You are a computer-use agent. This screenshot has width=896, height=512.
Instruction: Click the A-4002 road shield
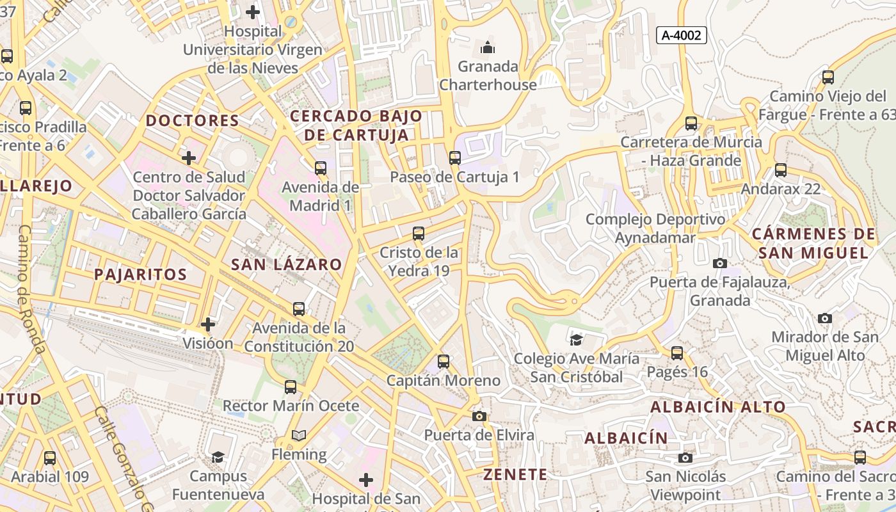681,35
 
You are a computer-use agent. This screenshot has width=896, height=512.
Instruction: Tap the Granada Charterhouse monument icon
488,47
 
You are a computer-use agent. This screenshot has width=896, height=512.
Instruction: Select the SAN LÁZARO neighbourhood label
286,264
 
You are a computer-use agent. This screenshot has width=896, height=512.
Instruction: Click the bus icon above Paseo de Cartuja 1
455,157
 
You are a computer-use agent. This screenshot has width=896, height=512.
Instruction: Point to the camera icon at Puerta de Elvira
479,417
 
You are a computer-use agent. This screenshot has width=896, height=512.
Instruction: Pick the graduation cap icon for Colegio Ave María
576,339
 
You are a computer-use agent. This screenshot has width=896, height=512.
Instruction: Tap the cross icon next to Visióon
208,324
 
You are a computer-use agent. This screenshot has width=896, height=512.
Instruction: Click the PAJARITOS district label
140,275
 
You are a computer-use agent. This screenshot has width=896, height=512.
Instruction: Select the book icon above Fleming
298,436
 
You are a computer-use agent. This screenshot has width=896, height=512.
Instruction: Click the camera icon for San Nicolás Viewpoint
685,458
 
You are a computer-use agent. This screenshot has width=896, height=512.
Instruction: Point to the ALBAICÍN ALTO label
717,407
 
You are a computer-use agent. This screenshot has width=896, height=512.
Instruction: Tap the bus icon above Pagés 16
677,353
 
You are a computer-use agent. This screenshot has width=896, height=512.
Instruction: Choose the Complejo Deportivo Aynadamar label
655,228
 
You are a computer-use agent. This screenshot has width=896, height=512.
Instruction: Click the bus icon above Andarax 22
780,170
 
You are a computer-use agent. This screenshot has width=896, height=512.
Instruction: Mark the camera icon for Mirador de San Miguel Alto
825,318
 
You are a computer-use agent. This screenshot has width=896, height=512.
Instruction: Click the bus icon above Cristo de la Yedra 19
419,234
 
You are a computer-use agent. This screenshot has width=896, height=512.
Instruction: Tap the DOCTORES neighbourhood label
192,120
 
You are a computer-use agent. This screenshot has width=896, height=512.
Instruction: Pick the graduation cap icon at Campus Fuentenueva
218,457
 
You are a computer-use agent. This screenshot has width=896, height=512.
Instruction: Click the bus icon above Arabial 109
50,458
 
